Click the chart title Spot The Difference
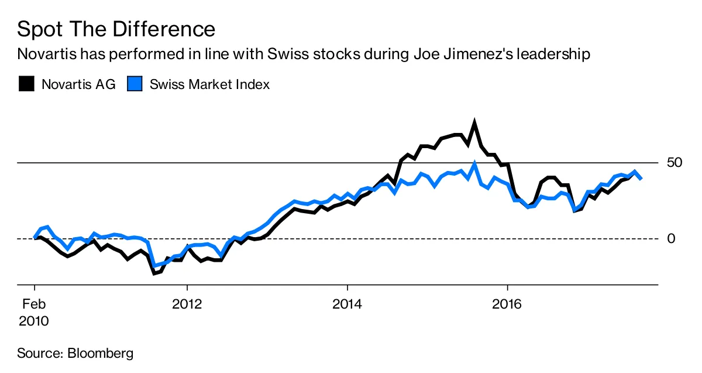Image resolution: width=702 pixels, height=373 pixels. pyautogui.click(x=116, y=29)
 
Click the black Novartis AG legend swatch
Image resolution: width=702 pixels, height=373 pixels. pyautogui.click(x=26, y=84)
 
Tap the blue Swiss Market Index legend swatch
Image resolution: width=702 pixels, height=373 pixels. pyautogui.click(x=135, y=84)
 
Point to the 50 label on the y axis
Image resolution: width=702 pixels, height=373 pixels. pyautogui.click(x=675, y=162)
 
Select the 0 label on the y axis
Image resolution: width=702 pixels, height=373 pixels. pyautogui.click(x=672, y=238)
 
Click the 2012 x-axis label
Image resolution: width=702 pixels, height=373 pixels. pyautogui.click(x=187, y=304)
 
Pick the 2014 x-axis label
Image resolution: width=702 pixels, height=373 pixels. pyautogui.click(x=347, y=304)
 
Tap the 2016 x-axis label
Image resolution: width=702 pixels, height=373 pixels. pyautogui.click(x=507, y=304)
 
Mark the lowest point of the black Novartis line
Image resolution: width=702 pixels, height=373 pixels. pyautogui.click(x=154, y=273)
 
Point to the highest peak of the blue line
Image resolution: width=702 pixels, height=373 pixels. pyautogui.click(x=474, y=165)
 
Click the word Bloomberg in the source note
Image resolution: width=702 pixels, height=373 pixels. pyautogui.click(x=101, y=353)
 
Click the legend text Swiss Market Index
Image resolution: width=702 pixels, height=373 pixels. pyautogui.click(x=209, y=84)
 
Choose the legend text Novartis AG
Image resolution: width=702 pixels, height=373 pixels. pyautogui.click(x=78, y=84)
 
